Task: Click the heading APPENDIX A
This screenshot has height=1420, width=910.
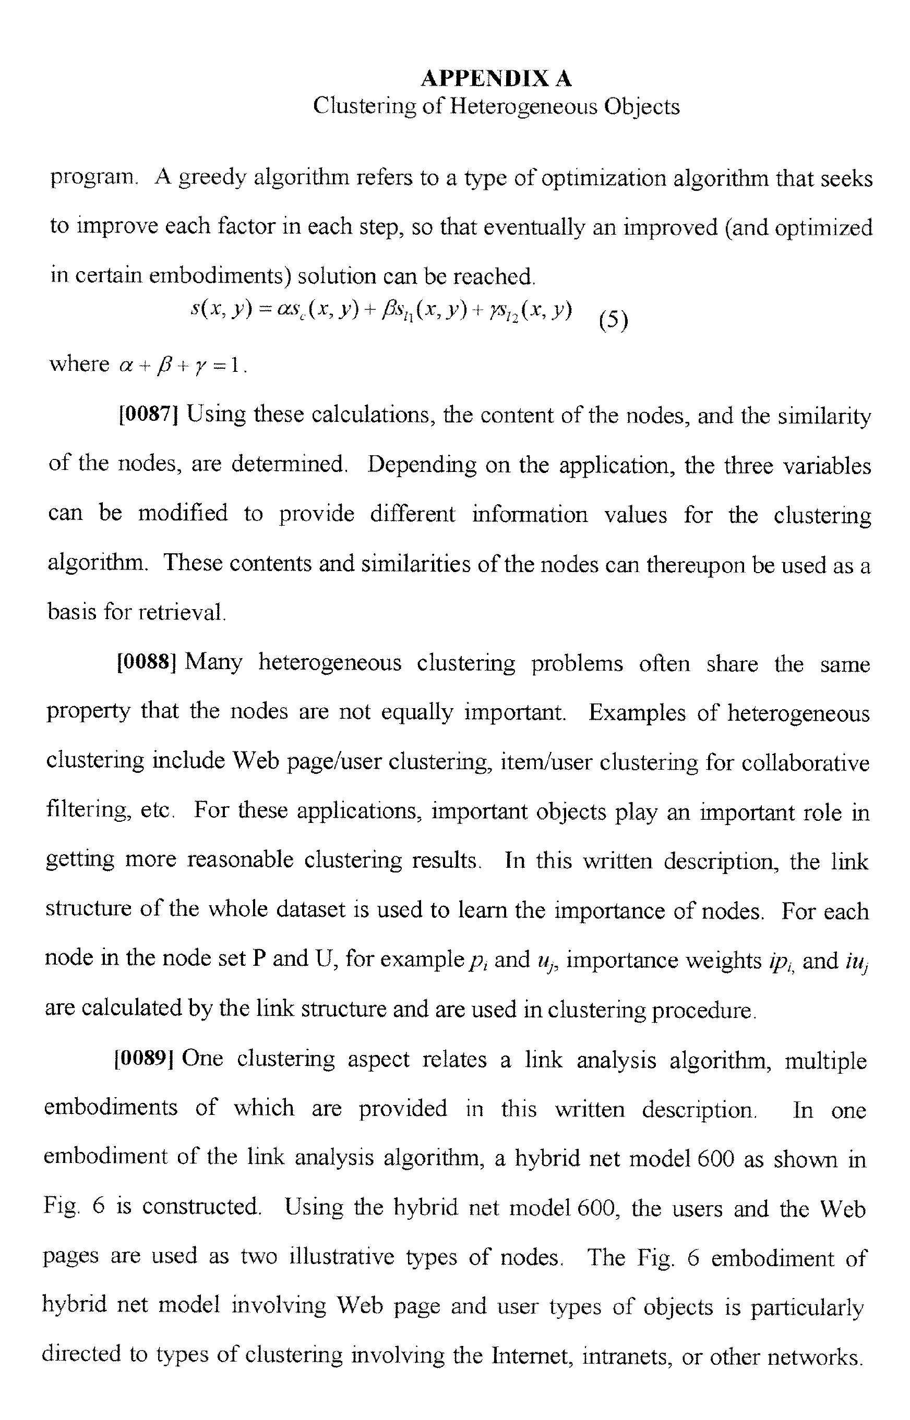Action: coord(496,78)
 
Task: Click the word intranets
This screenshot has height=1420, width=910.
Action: coord(626,1356)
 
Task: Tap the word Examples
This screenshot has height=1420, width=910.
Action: coord(637,713)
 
